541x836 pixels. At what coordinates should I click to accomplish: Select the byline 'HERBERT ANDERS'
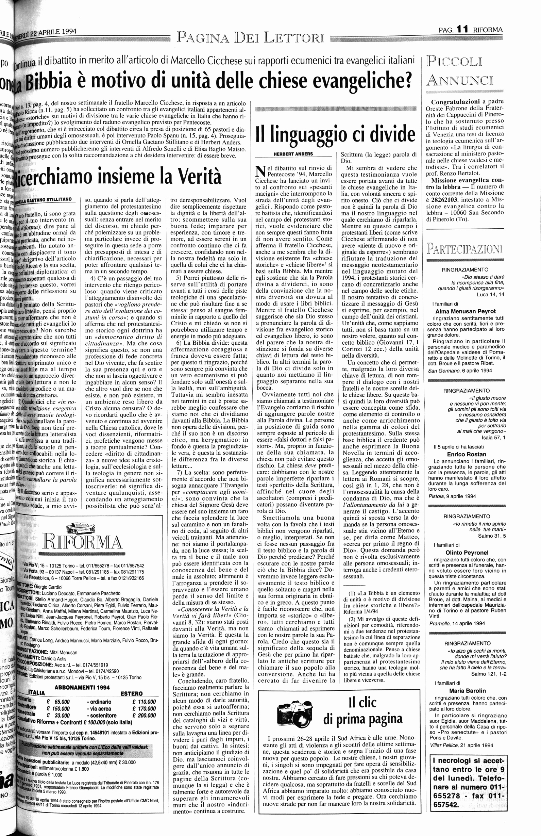click(293, 153)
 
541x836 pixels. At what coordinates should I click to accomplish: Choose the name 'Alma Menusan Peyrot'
click(465, 311)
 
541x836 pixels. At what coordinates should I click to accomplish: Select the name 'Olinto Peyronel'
click(466, 552)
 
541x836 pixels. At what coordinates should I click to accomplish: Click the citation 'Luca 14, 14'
click(490, 294)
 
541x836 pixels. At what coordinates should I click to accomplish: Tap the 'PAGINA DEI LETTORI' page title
click(250, 37)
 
